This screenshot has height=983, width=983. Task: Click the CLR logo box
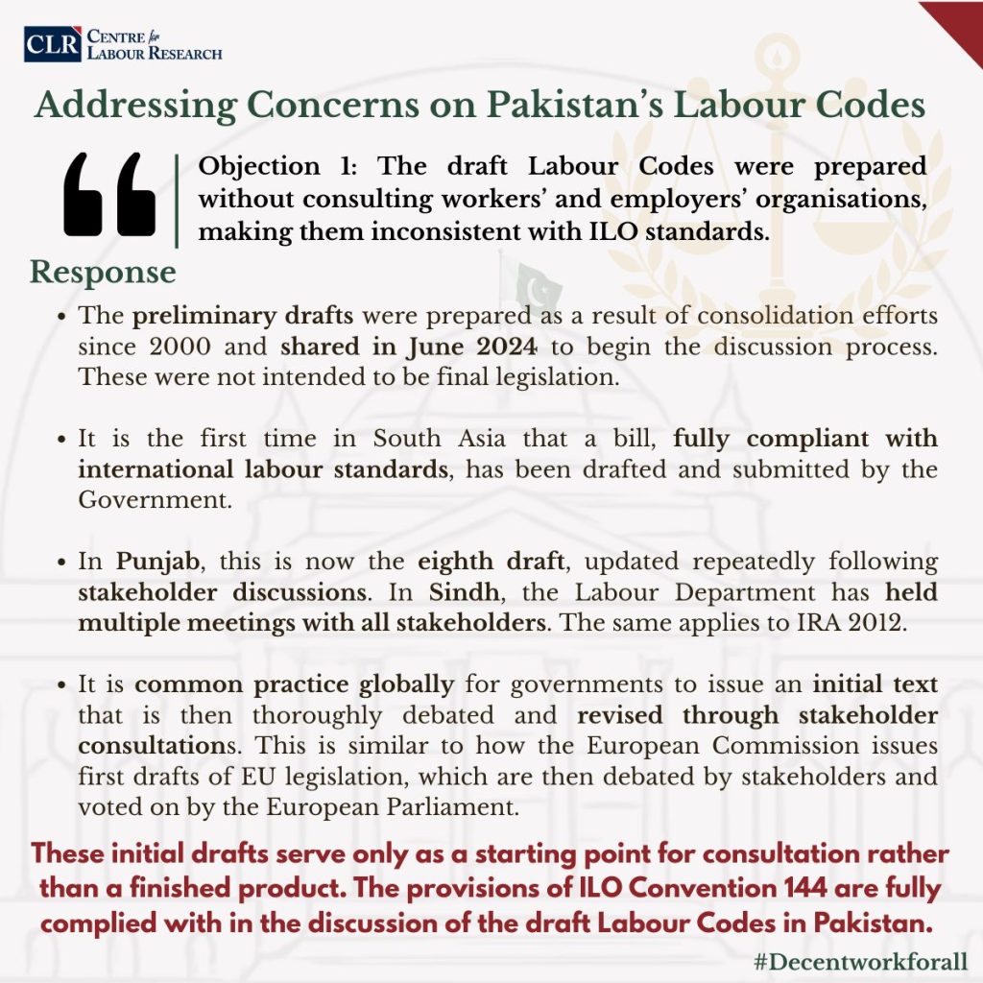(53, 44)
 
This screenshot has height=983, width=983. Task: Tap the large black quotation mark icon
(108, 195)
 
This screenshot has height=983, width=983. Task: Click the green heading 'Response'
(103, 272)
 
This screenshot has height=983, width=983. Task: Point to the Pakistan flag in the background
(533, 284)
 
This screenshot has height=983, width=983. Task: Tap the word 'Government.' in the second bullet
(155, 499)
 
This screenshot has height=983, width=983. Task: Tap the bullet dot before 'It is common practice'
(62, 685)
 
